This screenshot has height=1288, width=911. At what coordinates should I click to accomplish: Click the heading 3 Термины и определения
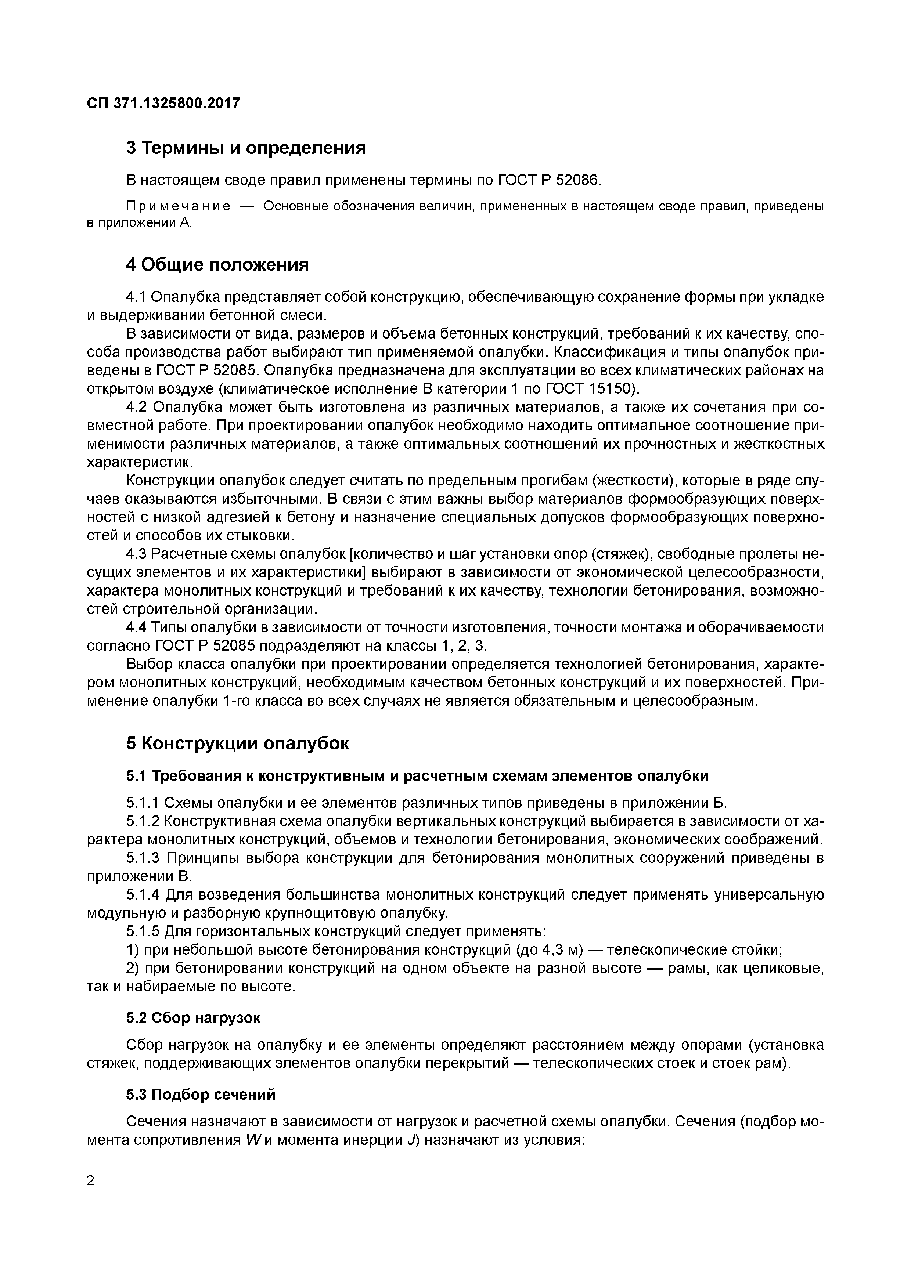point(246,148)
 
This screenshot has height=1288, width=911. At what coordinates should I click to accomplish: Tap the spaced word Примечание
point(178,206)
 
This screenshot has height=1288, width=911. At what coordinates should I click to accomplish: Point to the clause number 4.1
point(136,297)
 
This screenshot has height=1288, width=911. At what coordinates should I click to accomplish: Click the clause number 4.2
point(136,407)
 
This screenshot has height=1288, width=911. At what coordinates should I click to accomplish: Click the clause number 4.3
point(136,554)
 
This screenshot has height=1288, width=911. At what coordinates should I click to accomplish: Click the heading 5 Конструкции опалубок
point(237,743)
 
